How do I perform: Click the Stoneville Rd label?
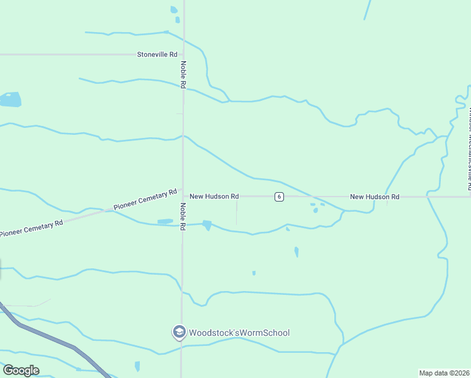(x=157, y=55)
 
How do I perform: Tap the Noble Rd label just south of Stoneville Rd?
(x=183, y=74)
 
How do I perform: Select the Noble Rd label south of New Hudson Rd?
(x=183, y=216)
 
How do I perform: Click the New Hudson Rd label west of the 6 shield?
(x=214, y=197)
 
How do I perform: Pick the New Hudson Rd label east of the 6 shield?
(x=375, y=197)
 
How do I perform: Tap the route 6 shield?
(x=279, y=197)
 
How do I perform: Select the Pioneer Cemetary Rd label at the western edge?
(x=31, y=228)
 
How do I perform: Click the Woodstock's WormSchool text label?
(x=239, y=333)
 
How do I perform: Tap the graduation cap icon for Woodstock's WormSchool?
(x=179, y=332)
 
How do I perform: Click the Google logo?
(x=21, y=370)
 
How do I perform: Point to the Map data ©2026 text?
(x=444, y=373)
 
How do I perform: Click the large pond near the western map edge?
(x=10, y=100)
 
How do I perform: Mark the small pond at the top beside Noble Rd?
(x=174, y=10)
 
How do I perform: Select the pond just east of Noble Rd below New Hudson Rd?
(x=207, y=225)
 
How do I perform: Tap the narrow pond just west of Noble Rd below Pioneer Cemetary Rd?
(x=165, y=221)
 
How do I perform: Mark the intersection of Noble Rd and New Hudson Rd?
(x=183, y=197)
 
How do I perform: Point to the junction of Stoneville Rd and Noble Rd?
(x=183, y=55)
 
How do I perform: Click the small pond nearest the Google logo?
(x=137, y=366)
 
